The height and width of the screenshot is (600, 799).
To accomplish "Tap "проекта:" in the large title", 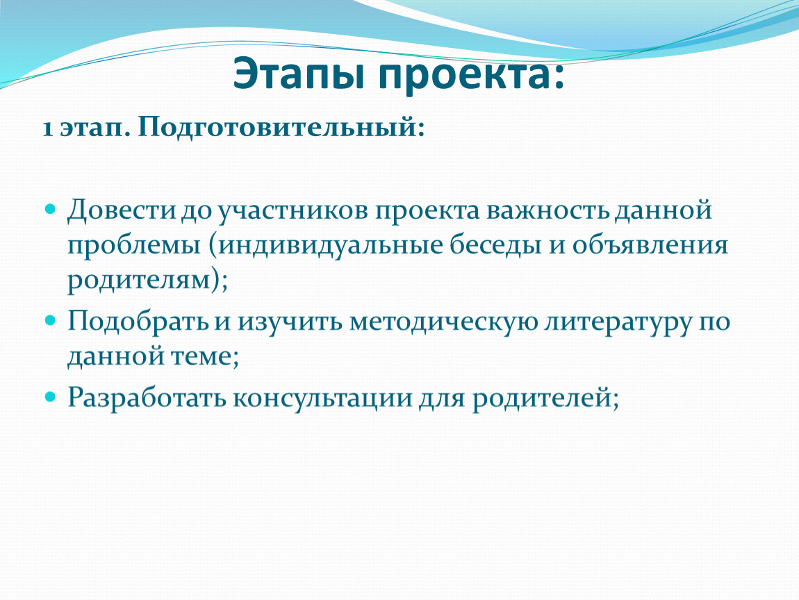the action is (x=471, y=76).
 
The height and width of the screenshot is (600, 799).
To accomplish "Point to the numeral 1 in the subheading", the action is (x=48, y=128).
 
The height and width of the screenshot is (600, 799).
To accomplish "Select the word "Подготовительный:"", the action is (x=281, y=127).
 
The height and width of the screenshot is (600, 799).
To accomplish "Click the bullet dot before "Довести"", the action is (x=50, y=208).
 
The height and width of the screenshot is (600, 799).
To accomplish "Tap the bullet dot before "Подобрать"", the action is (x=50, y=320).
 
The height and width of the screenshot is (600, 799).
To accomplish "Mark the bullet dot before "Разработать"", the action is (x=50, y=396).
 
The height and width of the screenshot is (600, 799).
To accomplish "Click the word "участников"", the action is (x=293, y=211).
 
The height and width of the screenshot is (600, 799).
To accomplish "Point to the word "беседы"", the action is (x=495, y=244).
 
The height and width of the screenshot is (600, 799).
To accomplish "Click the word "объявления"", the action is (x=650, y=245).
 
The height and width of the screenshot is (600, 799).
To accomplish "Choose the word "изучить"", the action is (x=289, y=322).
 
